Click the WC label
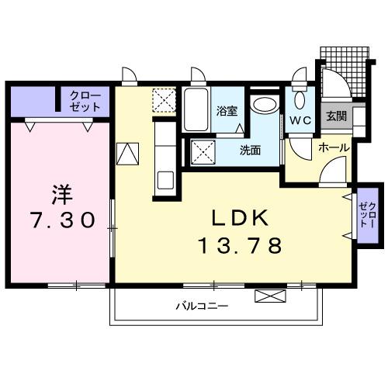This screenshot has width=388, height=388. tap(300, 121)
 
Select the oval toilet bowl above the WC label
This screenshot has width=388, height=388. tap(300, 98)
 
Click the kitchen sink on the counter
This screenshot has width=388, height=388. tap(165, 180)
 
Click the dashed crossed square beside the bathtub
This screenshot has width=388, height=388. tap(165, 101)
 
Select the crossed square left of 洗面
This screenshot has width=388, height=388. tap(203, 150)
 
